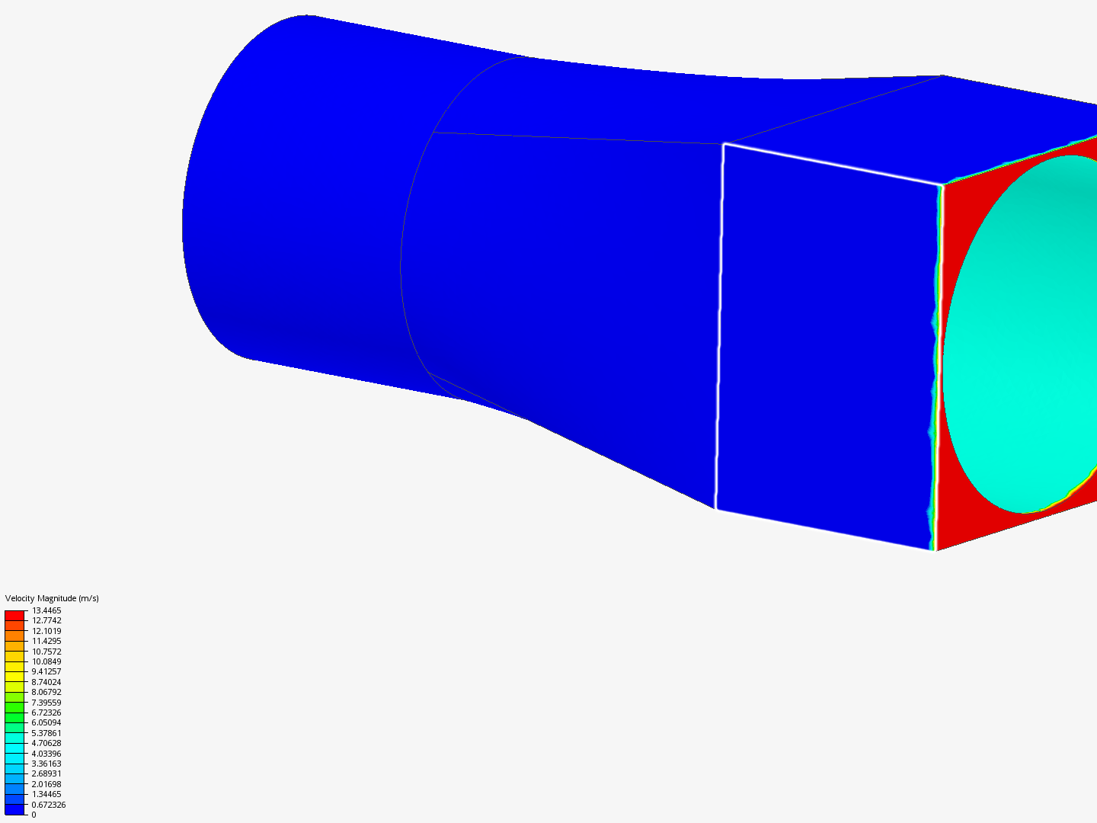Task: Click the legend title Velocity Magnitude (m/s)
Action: tap(52, 598)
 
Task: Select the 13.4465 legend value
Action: tap(46, 610)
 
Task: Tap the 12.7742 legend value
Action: tap(46, 620)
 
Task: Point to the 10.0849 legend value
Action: tap(46, 661)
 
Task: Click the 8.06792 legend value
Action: tap(46, 692)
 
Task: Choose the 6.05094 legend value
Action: tap(46, 722)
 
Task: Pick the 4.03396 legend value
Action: tap(46, 754)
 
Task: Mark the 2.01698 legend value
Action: tap(46, 784)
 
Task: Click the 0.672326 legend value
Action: tap(49, 805)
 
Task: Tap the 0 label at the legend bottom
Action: tap(34, 815)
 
